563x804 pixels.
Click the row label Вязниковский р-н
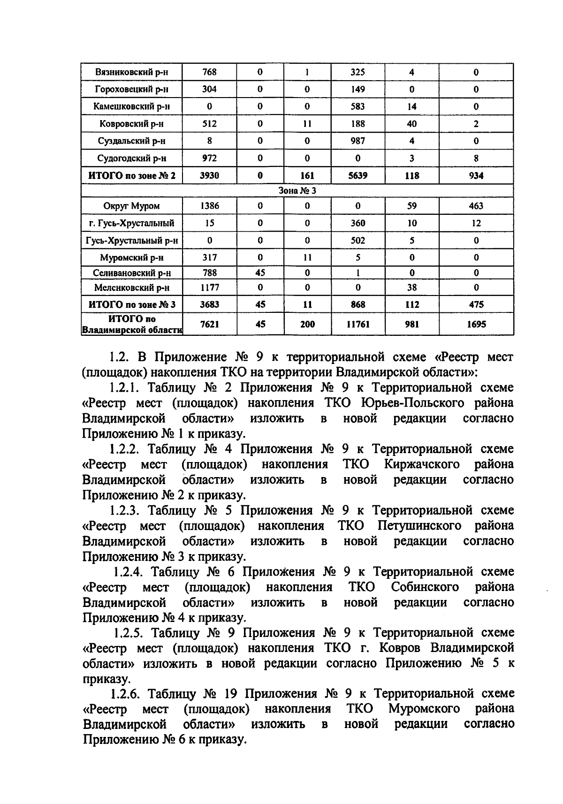[x=131, y=72]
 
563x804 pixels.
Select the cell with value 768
[x=209, y=72]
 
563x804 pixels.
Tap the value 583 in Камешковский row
[x=358, y=106]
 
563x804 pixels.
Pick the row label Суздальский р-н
[x=131, y=141]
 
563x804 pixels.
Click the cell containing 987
[x=358, y=141]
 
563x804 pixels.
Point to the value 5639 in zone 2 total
[x=358, y=175]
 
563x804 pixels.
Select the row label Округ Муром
[x=131, y=206]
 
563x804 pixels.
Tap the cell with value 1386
[x=209, y=206]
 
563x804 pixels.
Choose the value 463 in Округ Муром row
[x=476, y=206]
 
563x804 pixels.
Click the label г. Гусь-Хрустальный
[x=131, y=223]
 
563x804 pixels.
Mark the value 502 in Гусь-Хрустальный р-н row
[x=358, y=240]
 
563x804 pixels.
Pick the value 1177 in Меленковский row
[x=209, y=288]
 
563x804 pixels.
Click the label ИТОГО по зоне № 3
[x=131, y=304]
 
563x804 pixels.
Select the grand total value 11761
[x=358, y=324]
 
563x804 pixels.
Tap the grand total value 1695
[x=476, y=324]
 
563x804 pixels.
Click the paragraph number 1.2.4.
[x=131, y=572]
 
